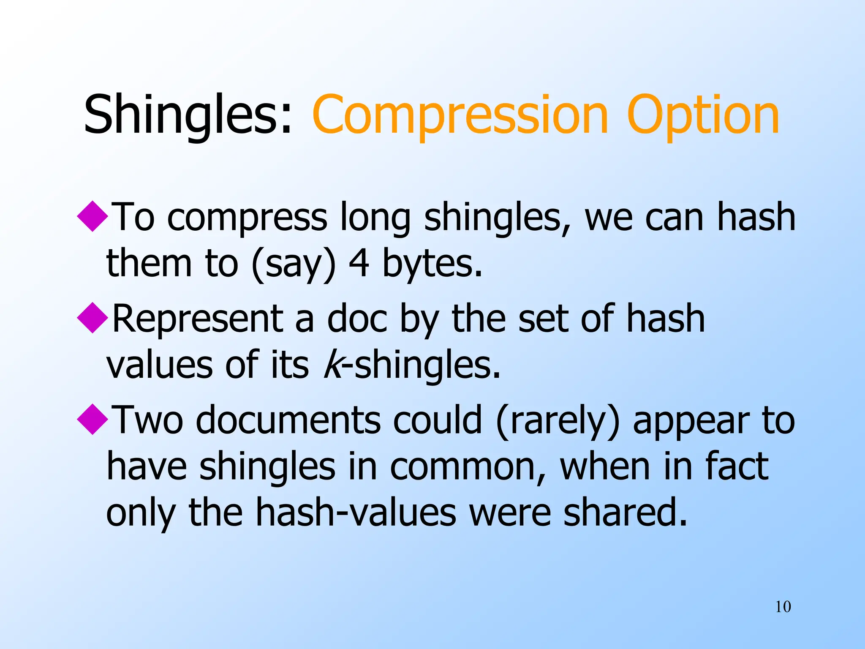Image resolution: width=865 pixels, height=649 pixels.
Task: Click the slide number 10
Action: (783, 607)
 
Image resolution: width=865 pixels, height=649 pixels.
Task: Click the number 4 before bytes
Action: (359, 263)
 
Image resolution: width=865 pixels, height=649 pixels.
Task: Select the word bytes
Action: (432, 264)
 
